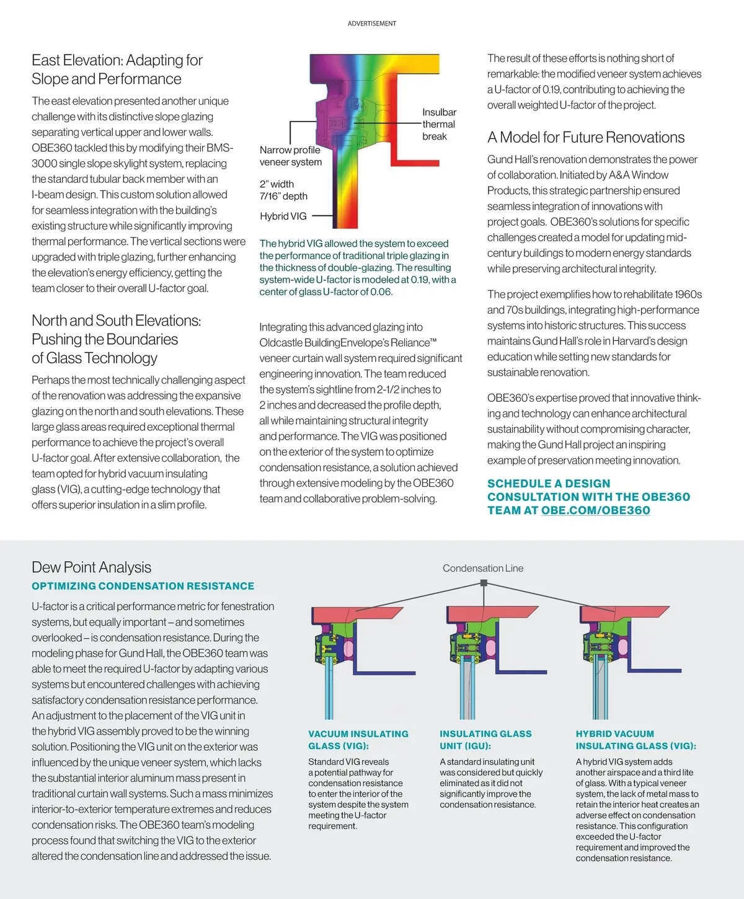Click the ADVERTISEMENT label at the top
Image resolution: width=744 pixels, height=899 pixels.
(371, 24)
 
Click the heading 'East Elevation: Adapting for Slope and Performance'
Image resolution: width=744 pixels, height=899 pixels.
(117, 69)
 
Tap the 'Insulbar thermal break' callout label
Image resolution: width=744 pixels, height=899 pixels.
(439, 124)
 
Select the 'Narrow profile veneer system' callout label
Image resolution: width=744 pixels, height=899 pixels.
(290, 156)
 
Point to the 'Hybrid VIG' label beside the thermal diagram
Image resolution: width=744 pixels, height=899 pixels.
(283, 216)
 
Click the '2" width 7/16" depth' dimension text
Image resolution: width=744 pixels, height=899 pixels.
(283, 190)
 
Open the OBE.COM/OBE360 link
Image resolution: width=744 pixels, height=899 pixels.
(595, 510)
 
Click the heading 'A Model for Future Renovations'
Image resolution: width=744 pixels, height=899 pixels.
(586, 138)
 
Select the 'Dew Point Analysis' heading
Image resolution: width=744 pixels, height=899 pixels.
(91, 567)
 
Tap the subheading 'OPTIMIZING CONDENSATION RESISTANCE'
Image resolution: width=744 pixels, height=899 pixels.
(143, 586)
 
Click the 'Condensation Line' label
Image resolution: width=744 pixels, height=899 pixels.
(483, 569)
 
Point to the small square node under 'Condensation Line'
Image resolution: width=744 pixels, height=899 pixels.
(484, 583)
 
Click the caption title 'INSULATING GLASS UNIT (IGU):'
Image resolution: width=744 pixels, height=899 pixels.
(485, 740)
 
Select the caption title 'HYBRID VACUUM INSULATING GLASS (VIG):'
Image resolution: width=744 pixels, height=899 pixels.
(635, 740)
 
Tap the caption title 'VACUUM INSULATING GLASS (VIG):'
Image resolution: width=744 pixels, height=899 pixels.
(358, 740)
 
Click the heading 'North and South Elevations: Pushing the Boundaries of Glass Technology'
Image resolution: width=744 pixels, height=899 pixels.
(117, 339)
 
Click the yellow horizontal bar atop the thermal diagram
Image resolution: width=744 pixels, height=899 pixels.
(422, 64)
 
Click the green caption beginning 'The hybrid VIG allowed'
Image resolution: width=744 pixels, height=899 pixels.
(358, 268)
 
